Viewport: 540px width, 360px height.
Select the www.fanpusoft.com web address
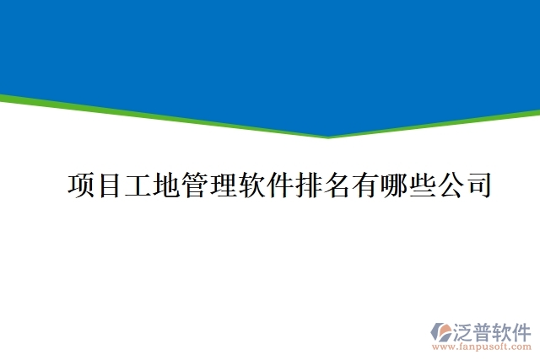[x=481, y=347]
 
